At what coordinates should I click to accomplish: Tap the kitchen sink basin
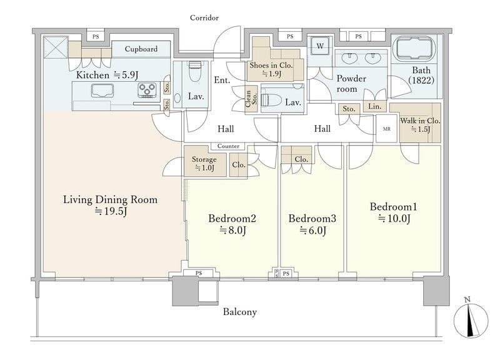[102, 90]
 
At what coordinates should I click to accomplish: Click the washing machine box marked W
[320, 46]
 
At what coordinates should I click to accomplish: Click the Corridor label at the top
[204, 17]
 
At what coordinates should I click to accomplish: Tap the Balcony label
[240, 311]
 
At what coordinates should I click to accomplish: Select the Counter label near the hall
[228, 146]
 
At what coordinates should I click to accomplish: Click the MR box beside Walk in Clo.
[387, 129]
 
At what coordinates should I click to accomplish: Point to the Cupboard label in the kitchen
[141, 49]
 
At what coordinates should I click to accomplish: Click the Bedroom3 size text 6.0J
[312, 230]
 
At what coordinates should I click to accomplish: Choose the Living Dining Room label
[111, 199]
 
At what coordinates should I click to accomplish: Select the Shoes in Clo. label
[271, 66]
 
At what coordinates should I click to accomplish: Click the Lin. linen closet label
[374, 106]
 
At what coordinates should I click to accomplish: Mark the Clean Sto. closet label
[251, 99]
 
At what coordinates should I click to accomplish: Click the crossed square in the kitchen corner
[56, 47]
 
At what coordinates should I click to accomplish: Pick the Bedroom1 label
[394, 207]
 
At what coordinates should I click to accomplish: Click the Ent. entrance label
[222, 80]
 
